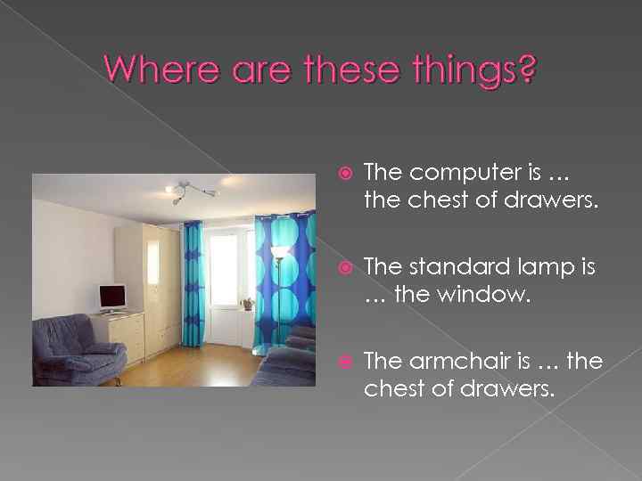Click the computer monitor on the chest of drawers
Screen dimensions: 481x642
coord(112,297)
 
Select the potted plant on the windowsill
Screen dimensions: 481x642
coord(247,304)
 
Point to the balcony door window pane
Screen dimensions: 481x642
coord(223,267)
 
